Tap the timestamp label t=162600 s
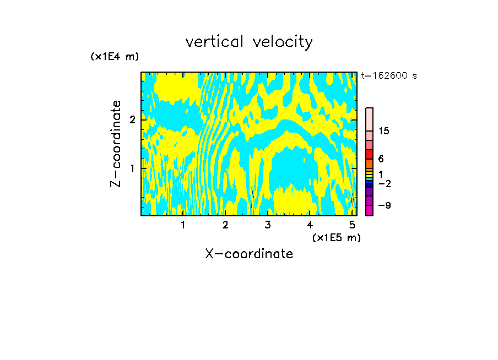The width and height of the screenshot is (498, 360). [x=389, y=76]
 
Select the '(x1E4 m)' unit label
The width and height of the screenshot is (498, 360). [x=115, y=57]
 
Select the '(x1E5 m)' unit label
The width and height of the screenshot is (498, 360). [x=336, y=237]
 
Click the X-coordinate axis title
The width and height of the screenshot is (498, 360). [x=249, y=254]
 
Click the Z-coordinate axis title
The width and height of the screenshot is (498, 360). [x=116, y=144]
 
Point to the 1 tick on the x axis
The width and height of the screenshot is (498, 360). [x=183, y=225]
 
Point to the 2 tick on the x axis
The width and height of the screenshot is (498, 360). [x=225, y=225]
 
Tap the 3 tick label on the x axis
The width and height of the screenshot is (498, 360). [x=267, y=225]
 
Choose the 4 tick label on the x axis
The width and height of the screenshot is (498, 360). [x=310, y=225]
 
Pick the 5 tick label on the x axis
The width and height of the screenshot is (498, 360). [x=351, y=225]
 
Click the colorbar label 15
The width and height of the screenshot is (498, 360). [x=384, y=131]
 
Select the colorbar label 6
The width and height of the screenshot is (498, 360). [x=381, y=159]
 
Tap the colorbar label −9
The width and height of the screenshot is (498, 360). [x=384, y=205]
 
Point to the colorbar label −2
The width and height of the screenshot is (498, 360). [x=384, y=183]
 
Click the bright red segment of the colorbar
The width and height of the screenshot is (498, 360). [x=369, y=154]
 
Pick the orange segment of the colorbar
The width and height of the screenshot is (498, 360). [x=369, y=163]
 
